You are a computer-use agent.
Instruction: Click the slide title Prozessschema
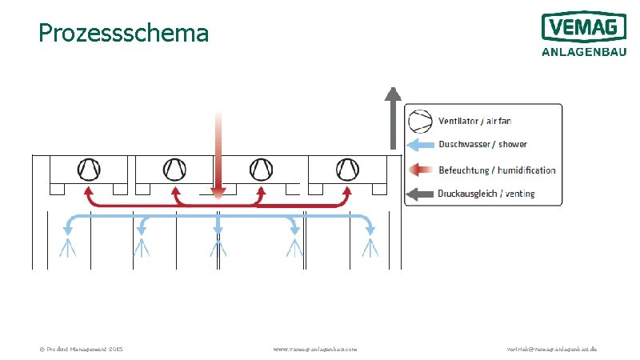point(123,33)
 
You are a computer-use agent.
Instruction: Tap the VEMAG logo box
point(583,27)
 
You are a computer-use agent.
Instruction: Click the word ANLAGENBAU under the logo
point(583,53)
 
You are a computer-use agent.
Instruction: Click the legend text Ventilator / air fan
point(474,121)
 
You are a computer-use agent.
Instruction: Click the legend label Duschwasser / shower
point(482,145)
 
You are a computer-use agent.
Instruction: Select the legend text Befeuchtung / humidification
point(497,170)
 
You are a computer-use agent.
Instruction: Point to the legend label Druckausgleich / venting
point(486,194)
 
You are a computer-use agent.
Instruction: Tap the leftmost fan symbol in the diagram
point(88,169)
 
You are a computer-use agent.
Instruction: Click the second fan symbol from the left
point(174,169)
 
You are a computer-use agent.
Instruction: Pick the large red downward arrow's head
point(218,191)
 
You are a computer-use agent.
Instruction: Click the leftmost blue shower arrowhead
point(68,230)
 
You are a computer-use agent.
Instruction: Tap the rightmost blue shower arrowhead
point(370,230)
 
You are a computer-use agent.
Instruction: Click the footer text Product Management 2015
point(81,350)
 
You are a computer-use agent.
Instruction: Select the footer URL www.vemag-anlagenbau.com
point(315,350)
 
